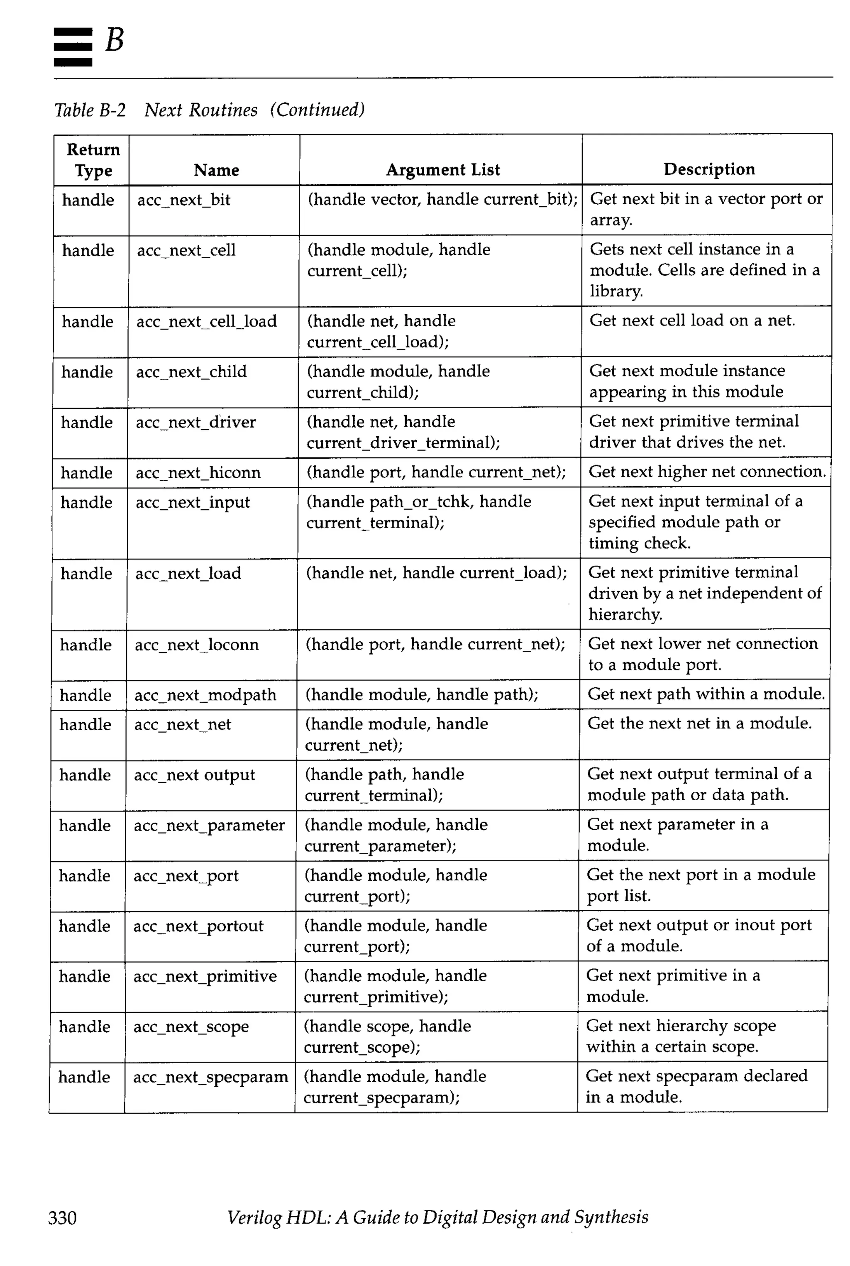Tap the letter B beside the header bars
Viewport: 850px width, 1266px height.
coord(115,40)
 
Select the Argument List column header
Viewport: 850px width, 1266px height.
coord(442,170)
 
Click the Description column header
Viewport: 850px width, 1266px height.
coord(708,169)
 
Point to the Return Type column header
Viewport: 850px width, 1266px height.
coord(93,160)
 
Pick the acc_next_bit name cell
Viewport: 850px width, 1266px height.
coord(184,200)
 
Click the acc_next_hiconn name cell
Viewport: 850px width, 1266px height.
coord(198,473)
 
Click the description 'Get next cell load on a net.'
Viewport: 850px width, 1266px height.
coord(692,320)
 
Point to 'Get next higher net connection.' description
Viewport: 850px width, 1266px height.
coord(707,472)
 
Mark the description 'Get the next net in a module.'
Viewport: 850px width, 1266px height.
coord(699,723)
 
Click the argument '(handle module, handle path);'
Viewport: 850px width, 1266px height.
coord(422,694)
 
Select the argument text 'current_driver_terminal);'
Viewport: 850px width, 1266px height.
coord(403,443)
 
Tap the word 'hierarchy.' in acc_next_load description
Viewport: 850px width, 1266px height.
coord(625,614)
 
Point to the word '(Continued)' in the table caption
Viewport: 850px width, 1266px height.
coord(318,110)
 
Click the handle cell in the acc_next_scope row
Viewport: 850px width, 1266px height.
coord(85,1026)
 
